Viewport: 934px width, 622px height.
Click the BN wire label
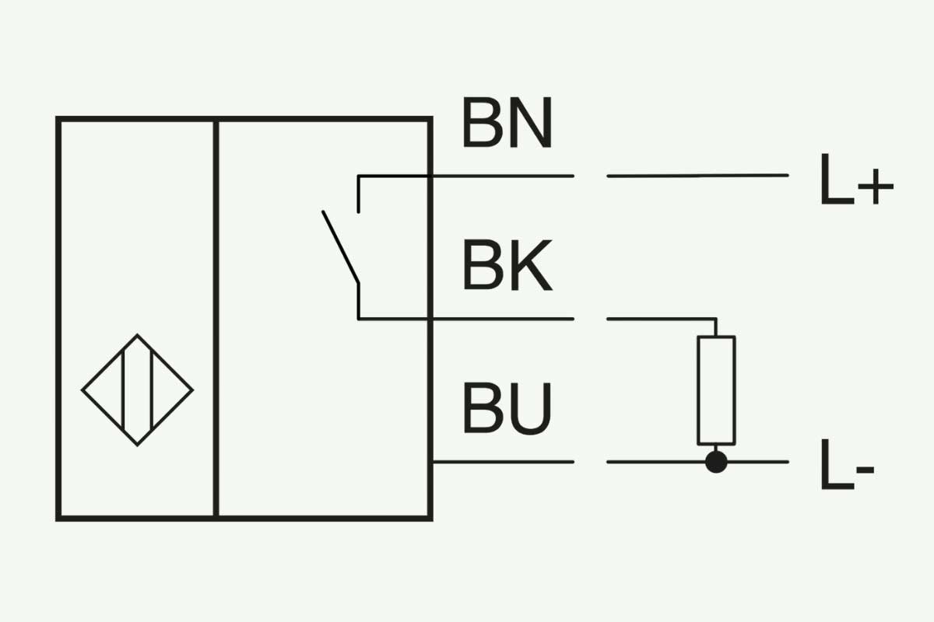507,122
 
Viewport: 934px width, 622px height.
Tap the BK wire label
507,265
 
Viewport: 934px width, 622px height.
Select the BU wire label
507,409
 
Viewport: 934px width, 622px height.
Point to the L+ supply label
857,179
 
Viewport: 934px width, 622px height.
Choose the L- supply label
848,464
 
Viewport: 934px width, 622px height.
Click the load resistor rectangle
716,390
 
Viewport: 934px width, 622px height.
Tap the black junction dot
716,462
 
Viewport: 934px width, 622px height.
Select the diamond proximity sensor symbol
137,390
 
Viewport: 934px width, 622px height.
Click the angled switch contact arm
341,247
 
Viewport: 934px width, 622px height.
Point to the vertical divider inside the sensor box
216,319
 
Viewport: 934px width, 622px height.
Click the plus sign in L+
876,187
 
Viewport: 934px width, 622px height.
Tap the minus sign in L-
866,470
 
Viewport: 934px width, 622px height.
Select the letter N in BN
531,122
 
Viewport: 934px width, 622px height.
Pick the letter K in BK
532,265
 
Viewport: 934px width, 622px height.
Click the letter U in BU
531,409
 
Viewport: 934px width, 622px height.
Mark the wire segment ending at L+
697,176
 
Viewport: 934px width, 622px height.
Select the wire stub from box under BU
504,462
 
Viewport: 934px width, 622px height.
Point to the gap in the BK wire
591,319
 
